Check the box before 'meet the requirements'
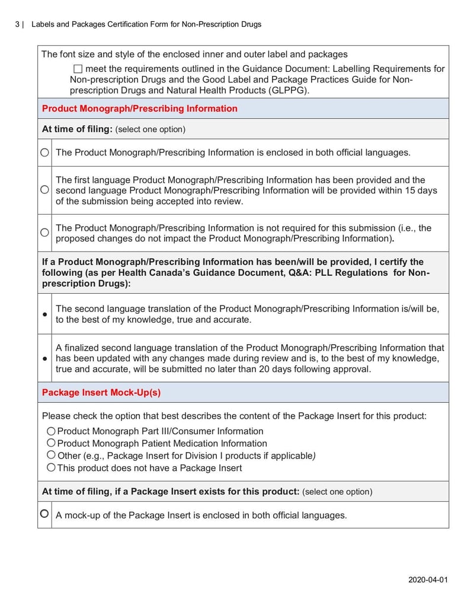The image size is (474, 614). tap(78, 69)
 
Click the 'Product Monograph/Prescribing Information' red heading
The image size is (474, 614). tap(140, 109)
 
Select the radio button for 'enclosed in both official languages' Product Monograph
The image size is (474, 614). tap(45, 152)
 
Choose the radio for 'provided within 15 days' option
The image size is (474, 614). tap(45, 190)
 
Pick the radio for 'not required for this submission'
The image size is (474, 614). tap(45, 233)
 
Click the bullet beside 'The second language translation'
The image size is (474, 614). tap(45, 314)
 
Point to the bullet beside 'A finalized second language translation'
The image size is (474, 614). tap(45, 359)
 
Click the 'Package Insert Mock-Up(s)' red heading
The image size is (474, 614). tap(101, 393)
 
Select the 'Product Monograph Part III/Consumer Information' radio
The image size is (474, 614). tap(51, 431)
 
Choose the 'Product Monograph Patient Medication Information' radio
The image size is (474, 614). tap(51, 443)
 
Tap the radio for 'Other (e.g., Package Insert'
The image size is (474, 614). tap(51, 455)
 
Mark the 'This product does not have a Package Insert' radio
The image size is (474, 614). tap(51, 467)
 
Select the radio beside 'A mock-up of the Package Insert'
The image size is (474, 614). tap(45, 514)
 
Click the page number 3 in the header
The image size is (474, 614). tap(17, 24)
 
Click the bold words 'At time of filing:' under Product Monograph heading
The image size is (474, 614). tap(77, 129)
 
